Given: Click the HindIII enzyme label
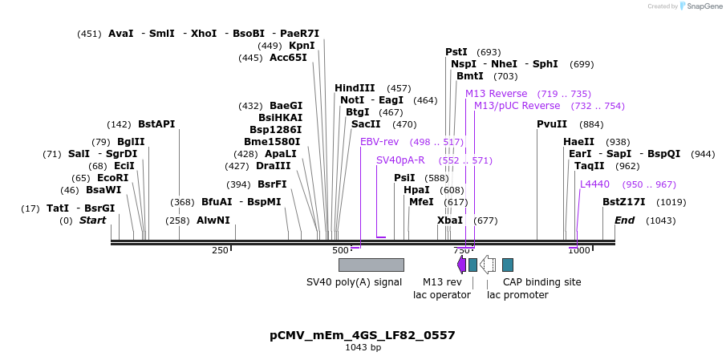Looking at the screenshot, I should pyautogui.click(x=355, y=88).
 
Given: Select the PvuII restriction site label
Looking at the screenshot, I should pyautogui.click(x=552, y=124).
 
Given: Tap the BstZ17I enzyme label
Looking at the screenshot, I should pyautogui.click(x=624, y=202).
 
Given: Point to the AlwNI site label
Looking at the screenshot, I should pyautogui.click(x=213, y=220).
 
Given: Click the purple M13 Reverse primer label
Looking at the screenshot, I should pyautogui.click(x=497, y=94).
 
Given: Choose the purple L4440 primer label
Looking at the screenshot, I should pyautogui.click(x=594, y=184).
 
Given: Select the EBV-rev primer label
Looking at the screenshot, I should pyautogui.click(x=379, y=142).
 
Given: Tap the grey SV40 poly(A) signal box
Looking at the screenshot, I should pyautogui.click(x=371, y=265).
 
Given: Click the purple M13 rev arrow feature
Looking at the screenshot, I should pyautogui.click(x=461, y=265).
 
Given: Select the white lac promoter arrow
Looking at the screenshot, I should pyautogui.click(x=488, y=265).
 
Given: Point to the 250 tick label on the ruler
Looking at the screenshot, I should pyautogui.click(x=220, y=251).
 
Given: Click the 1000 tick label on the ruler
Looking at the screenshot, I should pyautogui.click(x=578, y=251).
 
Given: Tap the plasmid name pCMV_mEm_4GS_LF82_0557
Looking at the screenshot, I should pyautogui.click(x=363, y=335).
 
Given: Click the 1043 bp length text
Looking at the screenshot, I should pyautogui.click(x=363, y=348).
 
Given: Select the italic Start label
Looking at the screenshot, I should pyautogui.click(x=92, y=220).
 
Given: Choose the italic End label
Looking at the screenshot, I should pyautogui.click(x=625, y=220).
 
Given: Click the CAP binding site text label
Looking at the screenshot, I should pyautogui.click(x=541, y=282).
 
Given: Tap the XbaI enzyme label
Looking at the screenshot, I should pyautogui.click(x=449, y=220).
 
